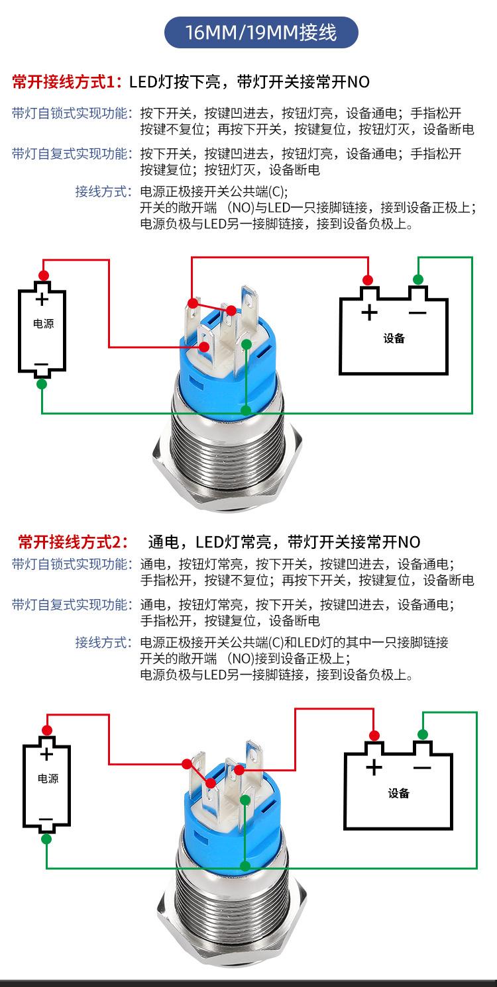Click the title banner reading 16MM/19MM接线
261,32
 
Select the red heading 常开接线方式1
67,82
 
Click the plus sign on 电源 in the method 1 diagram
42,299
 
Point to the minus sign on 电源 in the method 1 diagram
41,364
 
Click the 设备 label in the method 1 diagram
394,338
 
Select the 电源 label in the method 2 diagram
48,778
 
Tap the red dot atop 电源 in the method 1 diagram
44,275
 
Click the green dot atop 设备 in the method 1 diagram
417,279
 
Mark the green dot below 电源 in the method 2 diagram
46,839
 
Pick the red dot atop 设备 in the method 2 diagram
374,734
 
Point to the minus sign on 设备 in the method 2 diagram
421,767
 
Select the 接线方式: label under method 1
103,192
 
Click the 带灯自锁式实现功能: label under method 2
72,564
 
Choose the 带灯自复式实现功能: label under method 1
72,154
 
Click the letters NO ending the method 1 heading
359,82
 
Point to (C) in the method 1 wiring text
279,193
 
